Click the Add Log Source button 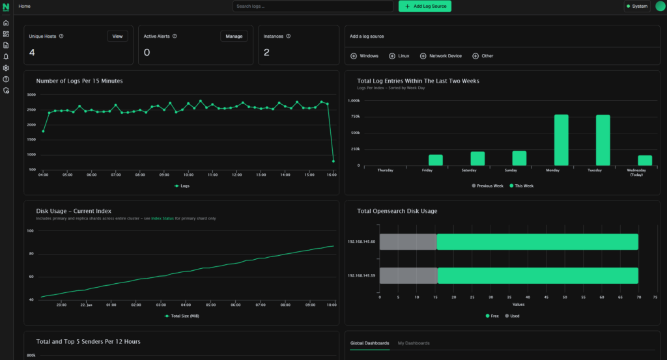tap(425, 7)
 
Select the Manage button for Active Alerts tap(234, 36)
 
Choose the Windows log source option tap(364, 56)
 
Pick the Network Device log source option tap(441, 56)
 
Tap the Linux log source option tap(399, 56)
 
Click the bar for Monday tap(561, 140)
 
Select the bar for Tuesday tap(603, 140)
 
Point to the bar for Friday tap(435, 160)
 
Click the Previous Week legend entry tap(489, 186)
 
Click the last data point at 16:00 tap(333, 161)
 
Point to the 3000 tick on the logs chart tap(31, 95)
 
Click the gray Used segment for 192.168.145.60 tap(408, 242)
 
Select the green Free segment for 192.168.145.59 tap(537, 275)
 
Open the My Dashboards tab tap(414, 343)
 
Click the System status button tap(636, 7)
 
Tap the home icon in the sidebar tap(6, 23)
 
